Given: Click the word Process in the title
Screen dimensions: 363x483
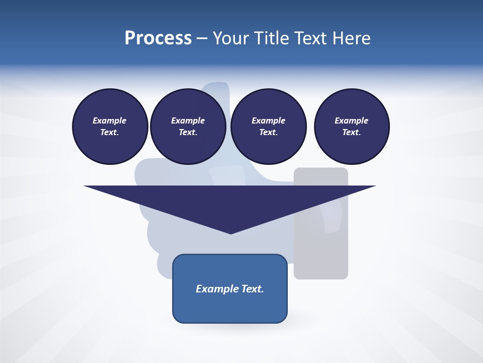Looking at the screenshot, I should [158, 38].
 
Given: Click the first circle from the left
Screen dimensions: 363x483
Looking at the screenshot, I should [110, 126].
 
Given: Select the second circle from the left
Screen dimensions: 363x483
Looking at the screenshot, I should [188, 126].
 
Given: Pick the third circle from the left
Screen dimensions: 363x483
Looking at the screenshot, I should [268, 126].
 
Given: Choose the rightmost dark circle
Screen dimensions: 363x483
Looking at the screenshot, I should [352, 126].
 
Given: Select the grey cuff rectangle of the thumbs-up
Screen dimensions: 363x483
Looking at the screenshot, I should [321, 252].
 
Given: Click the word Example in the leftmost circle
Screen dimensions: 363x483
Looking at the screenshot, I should [110, 120].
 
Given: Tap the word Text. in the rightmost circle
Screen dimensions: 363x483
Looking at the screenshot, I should [351, 132].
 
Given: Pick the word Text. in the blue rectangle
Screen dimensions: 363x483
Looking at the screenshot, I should [253, 289].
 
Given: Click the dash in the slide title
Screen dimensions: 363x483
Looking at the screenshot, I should [202, 38].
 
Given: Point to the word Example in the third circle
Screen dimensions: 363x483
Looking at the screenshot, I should [268, 120].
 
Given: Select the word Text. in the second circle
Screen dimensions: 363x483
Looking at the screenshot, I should [188, 132].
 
